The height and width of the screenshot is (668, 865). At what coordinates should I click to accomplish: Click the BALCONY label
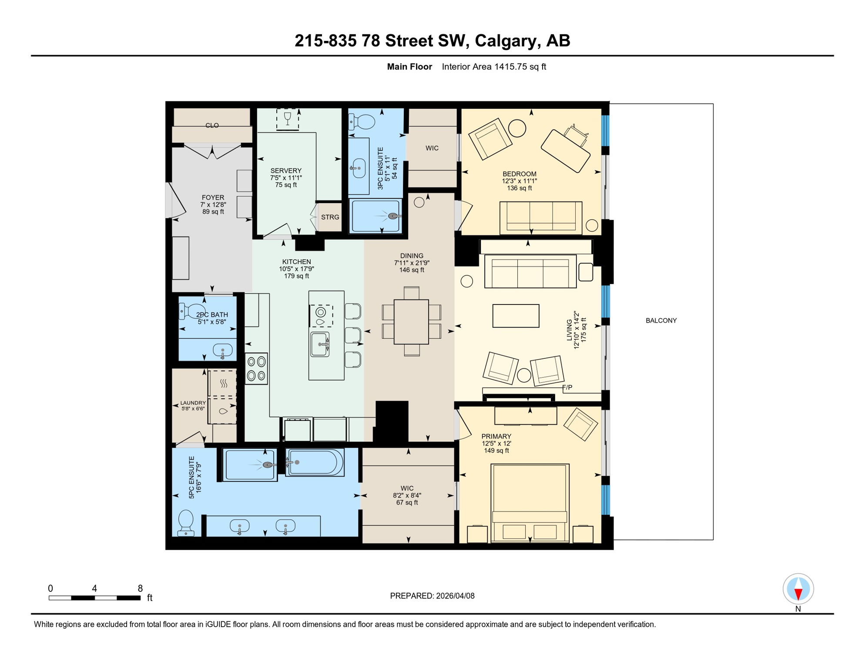(x=661, y=321)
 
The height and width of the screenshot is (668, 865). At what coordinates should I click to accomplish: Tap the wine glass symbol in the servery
(x=287, y=118)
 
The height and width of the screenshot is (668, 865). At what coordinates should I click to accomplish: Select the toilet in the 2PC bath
(x=192, y=311)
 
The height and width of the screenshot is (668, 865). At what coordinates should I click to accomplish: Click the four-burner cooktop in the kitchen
(x=256, y=368)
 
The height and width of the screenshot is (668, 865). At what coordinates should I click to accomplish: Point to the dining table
(x=411, y=322)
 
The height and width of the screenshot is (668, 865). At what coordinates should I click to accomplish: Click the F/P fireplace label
(x=567, y=387)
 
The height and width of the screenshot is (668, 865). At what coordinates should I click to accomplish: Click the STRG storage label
(x=330, y=217)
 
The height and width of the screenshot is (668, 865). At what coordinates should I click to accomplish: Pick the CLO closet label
(x=212, y=125)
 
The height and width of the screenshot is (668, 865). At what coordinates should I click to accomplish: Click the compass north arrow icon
(x=798, y=589)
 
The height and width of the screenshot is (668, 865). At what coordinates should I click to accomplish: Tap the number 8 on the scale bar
(x=140, y=588)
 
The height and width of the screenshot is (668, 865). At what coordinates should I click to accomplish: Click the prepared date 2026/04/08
(x=455, y=596)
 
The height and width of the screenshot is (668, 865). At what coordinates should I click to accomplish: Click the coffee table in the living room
(x=516, y=316)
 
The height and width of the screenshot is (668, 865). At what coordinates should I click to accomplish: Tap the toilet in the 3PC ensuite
(x=362, y=122)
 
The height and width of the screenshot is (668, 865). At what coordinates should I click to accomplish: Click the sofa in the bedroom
(x=540, y=217)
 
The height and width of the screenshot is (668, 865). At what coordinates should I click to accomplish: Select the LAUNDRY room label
(x=193, y=403)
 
